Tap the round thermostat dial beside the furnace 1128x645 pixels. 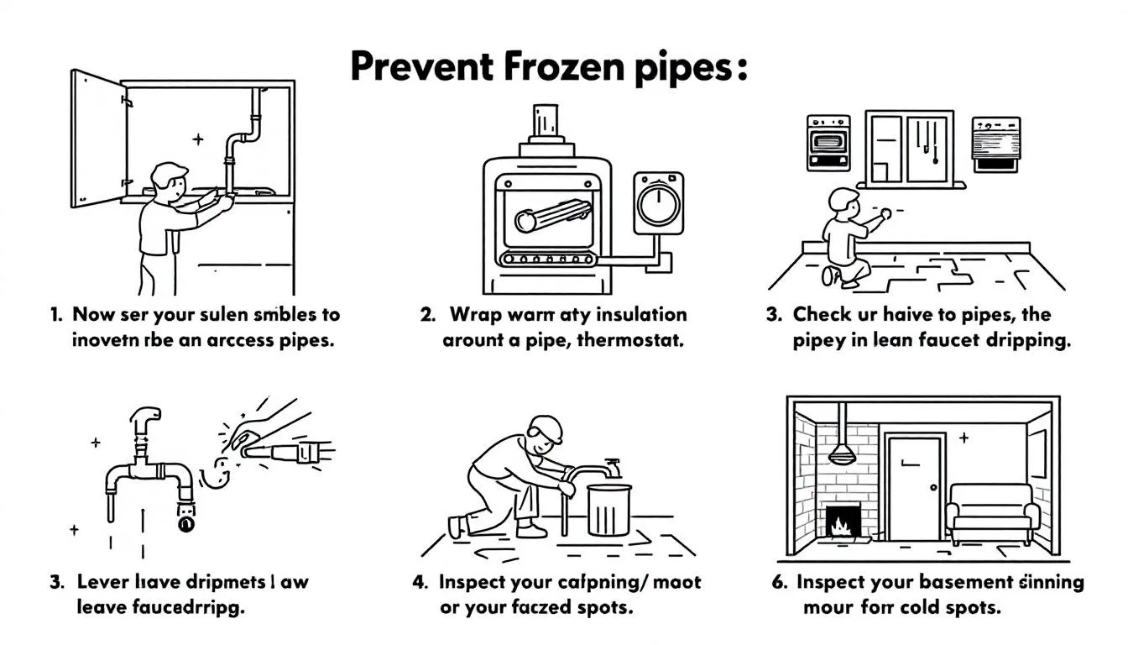point(658,203)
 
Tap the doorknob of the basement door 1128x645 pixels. point(931,488)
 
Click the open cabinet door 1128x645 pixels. point(97,139)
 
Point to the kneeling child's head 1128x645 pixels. point(843,202)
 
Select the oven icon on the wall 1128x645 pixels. point(827,144)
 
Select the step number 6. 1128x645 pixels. point(776,582)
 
